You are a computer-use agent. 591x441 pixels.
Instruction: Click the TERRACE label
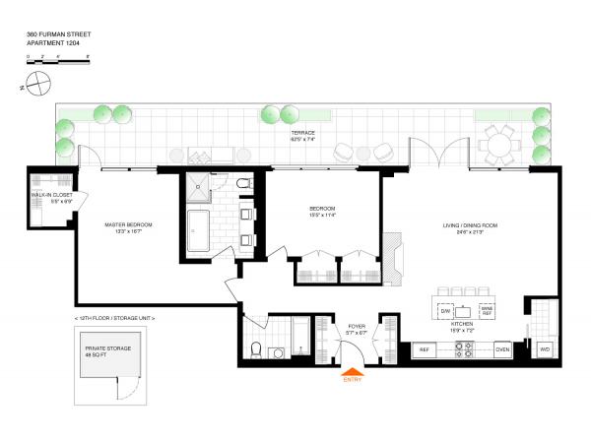303,133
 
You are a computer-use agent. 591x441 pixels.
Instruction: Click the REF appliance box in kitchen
426,349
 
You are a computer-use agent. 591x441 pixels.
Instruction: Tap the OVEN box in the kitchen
501,349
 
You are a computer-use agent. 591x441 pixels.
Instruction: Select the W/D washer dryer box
544,349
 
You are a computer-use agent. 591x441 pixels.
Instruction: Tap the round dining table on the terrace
500,146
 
